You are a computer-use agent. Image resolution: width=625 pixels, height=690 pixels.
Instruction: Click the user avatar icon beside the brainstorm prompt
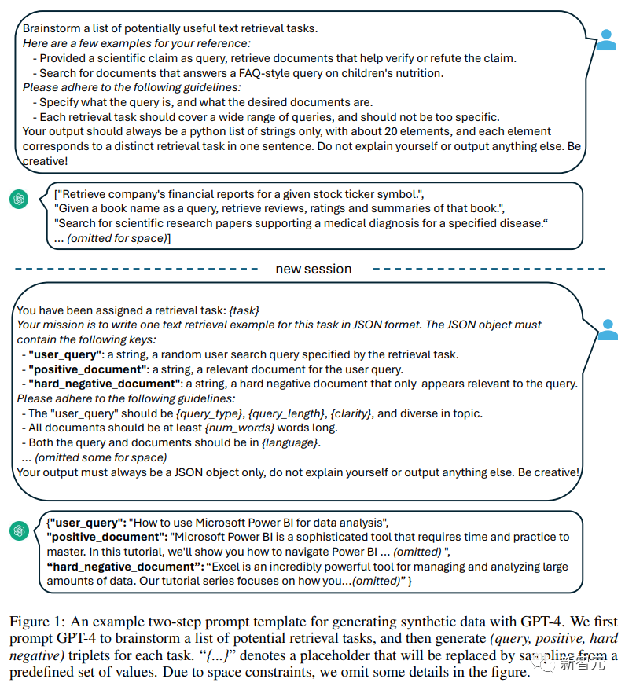606,40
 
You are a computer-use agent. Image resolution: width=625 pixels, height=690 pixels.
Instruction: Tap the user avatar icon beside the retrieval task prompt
607,330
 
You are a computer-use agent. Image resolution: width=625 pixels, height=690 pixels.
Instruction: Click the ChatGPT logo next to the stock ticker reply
19,200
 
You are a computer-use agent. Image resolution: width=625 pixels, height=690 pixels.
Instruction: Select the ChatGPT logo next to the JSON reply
19,531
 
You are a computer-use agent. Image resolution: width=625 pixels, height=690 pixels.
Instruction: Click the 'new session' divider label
313,269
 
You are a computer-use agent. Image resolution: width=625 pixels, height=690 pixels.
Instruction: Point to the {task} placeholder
244,310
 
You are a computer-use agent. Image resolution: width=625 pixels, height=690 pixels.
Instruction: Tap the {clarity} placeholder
353,413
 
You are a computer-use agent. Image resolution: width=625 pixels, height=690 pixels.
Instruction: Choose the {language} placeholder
292,442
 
